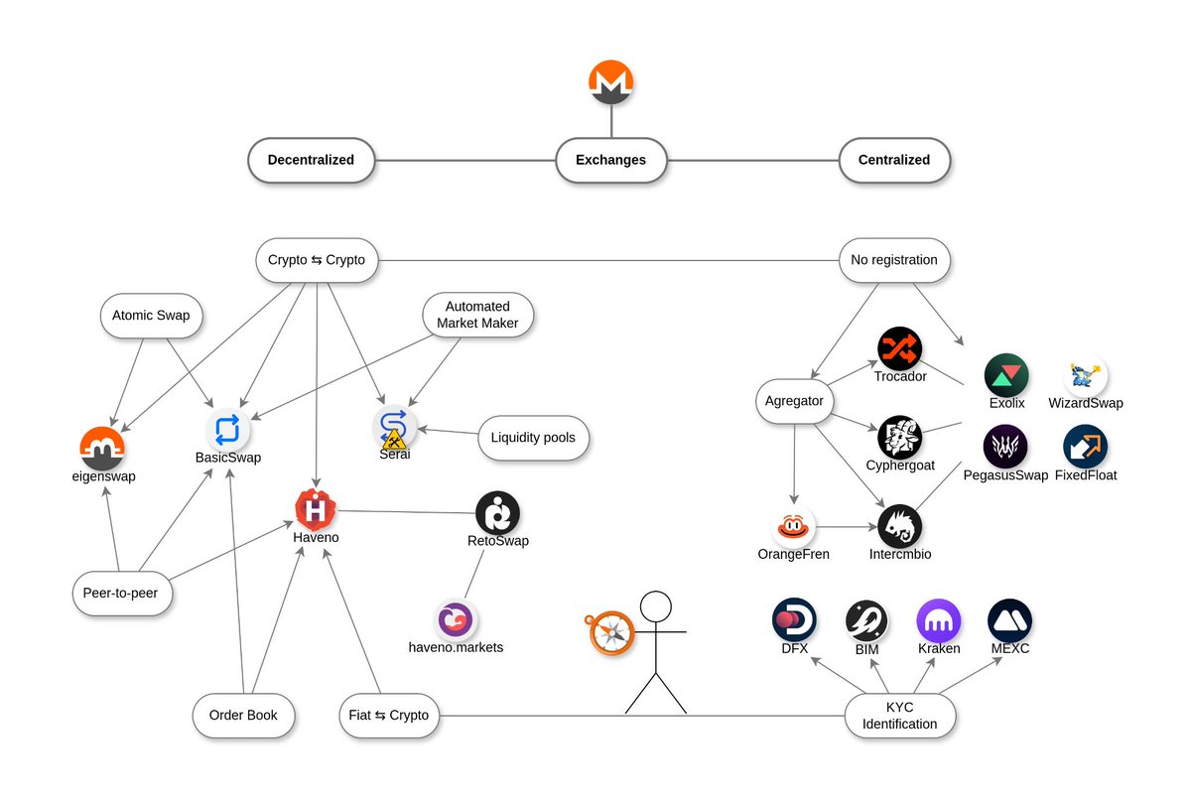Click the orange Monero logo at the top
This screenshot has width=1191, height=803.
point(610,82)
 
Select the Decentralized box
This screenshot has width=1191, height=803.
point(311,160)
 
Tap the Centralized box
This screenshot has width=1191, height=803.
point(894,160)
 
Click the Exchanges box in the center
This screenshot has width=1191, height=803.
point(610,160)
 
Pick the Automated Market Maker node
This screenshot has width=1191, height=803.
point(477,316)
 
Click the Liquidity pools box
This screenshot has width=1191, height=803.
point(533,438)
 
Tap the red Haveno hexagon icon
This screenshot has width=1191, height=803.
point(316,509)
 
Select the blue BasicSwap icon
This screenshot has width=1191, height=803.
point(227,430)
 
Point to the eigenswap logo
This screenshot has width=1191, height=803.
point(102,448)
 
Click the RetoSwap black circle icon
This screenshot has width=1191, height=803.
point(497,513)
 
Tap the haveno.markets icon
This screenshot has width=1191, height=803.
point(456,620)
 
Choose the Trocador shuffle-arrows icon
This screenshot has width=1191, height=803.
point(900,349)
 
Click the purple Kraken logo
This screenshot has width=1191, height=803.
point(938,620)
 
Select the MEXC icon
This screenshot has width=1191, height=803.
point(1009,620)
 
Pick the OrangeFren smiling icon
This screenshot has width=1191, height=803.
point(793,527)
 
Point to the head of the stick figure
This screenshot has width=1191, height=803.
point(655,607)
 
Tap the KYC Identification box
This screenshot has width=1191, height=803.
point(900,715)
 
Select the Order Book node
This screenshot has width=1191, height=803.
point(243,715)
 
